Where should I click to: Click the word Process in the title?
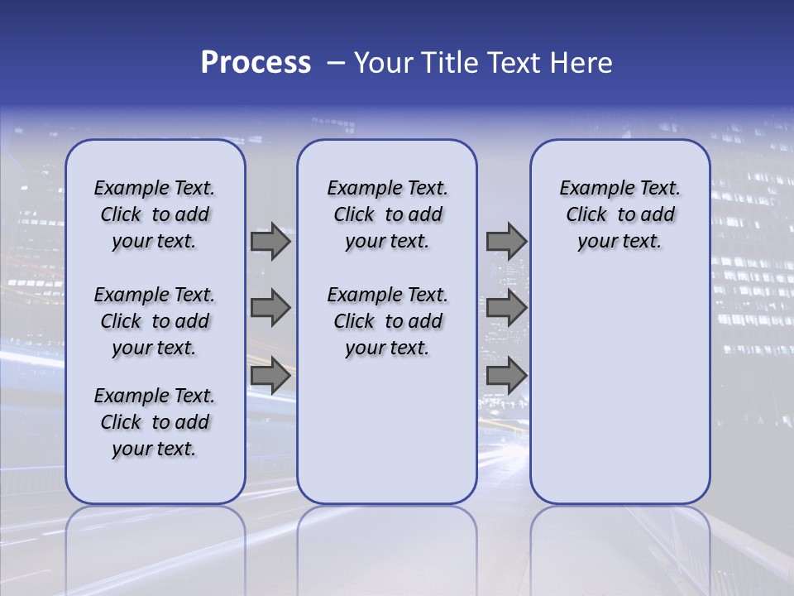(256, 63)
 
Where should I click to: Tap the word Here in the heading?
(580, 63)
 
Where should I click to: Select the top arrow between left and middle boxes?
(270, 242)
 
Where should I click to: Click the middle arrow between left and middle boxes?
(270, 309)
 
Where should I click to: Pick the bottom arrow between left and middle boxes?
(270, 377)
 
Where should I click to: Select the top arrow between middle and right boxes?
(506, 242)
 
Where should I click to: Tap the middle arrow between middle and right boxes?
(506, 309)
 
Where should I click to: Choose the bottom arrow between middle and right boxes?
(506, 377)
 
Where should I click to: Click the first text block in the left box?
(155, 214)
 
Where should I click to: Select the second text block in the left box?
(155, 321)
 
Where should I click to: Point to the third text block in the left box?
(155, 422)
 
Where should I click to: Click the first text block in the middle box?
(387, 214)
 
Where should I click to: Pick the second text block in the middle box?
(387, 321)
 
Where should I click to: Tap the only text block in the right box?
(619, 214)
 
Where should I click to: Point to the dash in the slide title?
(337, 63)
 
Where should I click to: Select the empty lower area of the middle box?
(387, 430)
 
